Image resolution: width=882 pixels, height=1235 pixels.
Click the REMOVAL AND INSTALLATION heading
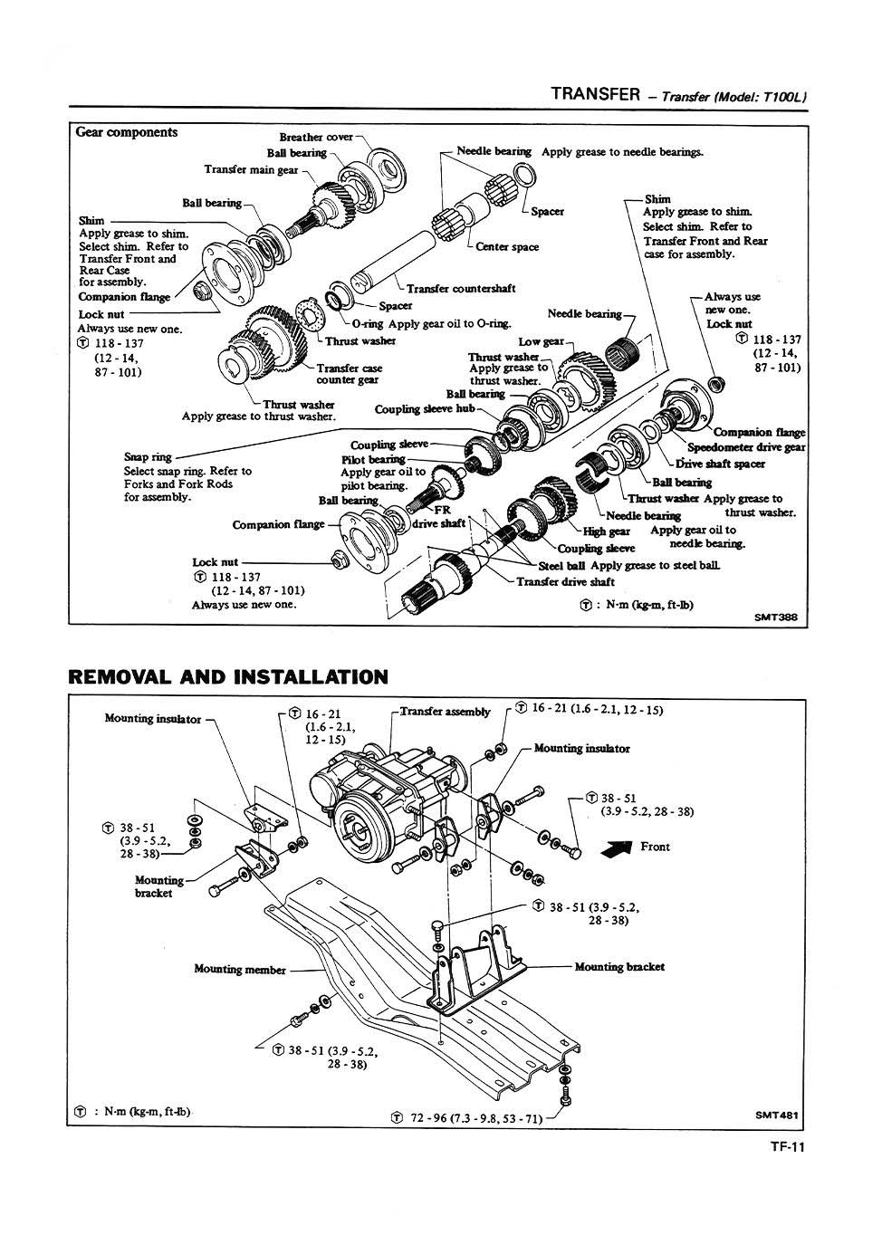(x=228, y=676)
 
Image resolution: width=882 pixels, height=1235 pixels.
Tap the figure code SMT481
(x=778, y=1115)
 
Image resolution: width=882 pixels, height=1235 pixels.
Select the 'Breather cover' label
(x=316, y=138)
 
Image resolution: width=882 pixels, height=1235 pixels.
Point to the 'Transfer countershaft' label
(x=461, y=289)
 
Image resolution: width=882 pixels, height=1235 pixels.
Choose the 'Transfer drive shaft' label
(x=566, y=581)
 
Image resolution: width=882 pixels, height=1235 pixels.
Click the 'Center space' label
(x=507, y=246)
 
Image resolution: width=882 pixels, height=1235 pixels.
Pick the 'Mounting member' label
(x=240, y=970)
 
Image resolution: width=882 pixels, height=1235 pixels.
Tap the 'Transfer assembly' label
(x=445, y=712)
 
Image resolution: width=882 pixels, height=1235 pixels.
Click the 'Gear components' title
(x=127, y=132)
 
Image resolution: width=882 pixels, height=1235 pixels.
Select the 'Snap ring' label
(x=148, y=457)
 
